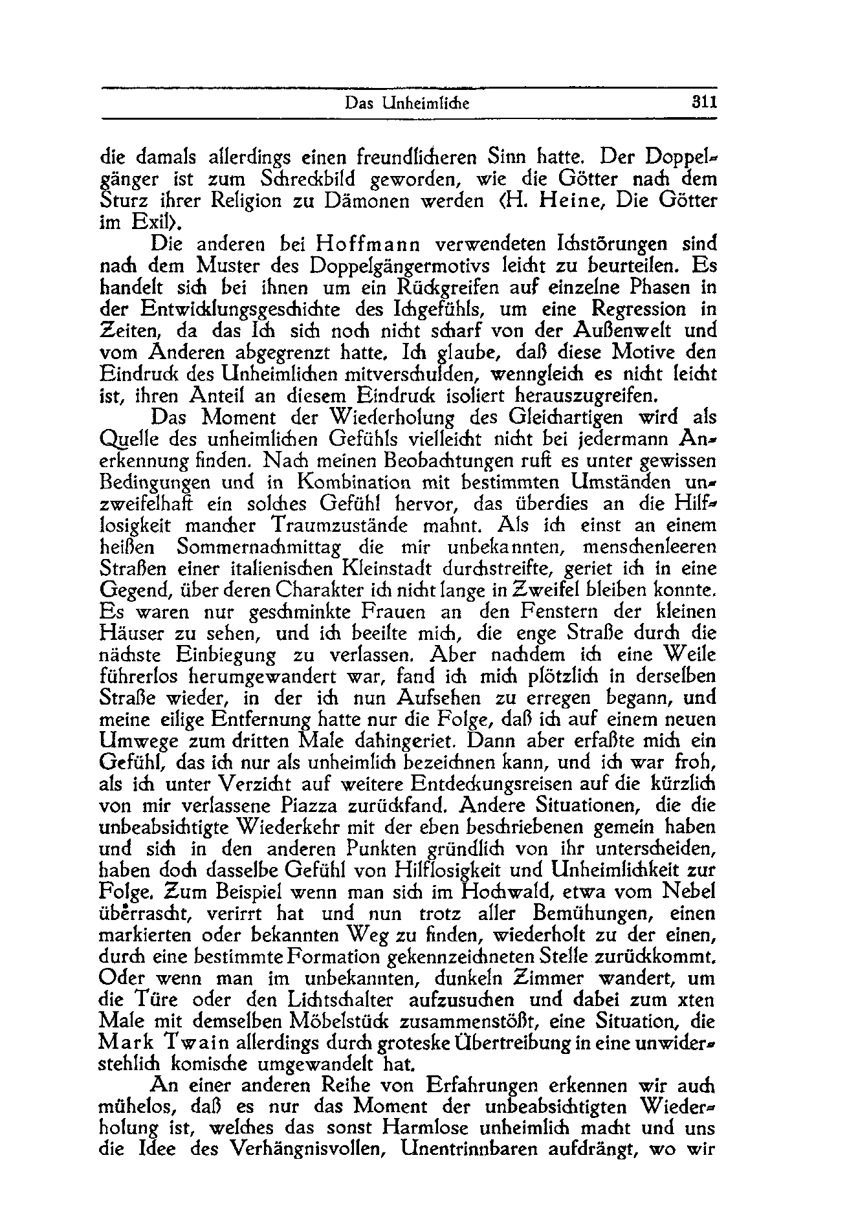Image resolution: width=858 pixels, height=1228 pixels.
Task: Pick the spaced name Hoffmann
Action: click(x=368, y=245)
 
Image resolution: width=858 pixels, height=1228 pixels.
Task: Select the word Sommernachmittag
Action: click(x=259, y=547)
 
